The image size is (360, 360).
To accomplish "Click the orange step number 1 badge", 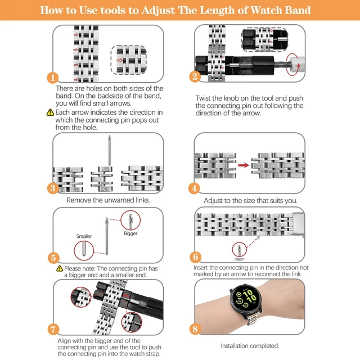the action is coord(52,78).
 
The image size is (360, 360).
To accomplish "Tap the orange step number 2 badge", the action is coord(195,76).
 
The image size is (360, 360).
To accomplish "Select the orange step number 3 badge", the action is coord(53,188).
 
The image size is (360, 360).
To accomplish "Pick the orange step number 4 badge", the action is coord(194,188).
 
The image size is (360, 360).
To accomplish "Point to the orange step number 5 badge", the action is coord(53,258).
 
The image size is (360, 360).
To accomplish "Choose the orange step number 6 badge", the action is coord(196,256).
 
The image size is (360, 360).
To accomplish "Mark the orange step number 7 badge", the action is coord(53,329).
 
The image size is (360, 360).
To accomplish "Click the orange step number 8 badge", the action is coord(195,328).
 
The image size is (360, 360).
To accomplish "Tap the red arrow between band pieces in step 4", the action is coord(244,165).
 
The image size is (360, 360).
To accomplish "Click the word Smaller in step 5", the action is coord(84,236).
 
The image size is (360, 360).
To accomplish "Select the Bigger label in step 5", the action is coord(130,233).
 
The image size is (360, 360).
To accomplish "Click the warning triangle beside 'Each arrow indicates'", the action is coord(50,112).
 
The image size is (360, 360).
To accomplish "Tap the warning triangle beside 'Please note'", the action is coord(60,268).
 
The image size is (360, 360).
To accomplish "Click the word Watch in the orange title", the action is coord(266,10).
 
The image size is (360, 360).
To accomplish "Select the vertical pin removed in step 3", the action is coord(110,150).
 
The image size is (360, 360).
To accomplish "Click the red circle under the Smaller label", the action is coord(84,250).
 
